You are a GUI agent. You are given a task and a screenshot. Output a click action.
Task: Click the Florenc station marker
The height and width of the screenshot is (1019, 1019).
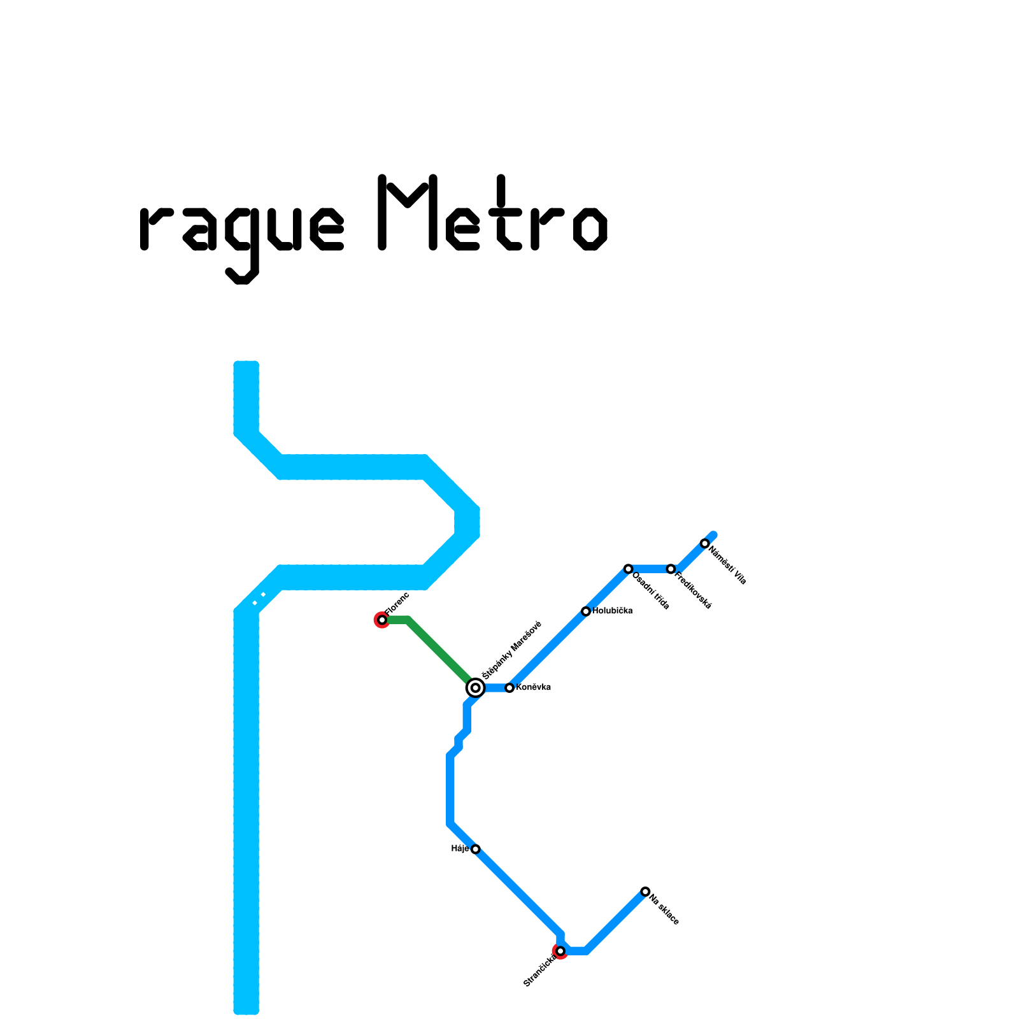pos(382,620)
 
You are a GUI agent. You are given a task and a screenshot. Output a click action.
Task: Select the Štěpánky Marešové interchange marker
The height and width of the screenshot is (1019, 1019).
pos(475,688)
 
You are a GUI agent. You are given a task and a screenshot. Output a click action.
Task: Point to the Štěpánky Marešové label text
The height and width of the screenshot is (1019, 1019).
pos(511,650)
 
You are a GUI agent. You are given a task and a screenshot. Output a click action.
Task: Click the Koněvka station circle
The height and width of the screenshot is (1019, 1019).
pos(509,688)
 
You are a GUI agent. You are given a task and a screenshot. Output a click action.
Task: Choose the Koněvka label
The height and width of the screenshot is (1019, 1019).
pos(533,687)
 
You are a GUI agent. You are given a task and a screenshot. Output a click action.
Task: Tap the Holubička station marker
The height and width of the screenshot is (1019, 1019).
pos(586,611)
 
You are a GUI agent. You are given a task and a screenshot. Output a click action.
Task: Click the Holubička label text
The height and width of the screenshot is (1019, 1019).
pos(612,611)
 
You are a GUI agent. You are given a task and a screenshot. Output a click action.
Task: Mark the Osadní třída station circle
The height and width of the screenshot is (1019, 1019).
pos(628,569)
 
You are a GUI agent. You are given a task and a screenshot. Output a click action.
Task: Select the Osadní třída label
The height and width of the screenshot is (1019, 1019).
pos(651,591)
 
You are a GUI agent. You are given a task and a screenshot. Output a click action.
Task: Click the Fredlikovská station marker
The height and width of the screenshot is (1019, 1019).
pos(671,569)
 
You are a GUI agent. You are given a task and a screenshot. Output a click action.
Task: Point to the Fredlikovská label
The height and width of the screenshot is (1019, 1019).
pos(693,591)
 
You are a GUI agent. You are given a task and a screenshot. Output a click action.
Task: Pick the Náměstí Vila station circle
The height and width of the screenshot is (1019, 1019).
pos(704,543)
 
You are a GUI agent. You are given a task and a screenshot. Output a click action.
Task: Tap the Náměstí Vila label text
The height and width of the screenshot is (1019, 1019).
pos(727,565)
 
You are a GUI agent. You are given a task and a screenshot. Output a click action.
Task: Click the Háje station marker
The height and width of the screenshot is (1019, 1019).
pos(475,849)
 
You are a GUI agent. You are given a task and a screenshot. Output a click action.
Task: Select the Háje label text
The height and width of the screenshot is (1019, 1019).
pos(460,848)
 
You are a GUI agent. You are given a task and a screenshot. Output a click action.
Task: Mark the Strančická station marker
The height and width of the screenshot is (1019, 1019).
pos(560,951)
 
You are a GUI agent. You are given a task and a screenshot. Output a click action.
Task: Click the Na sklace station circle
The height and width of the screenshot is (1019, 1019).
pos(645,892)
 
